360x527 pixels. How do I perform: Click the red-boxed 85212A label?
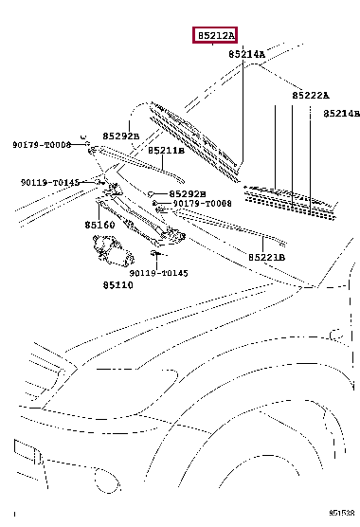(215, 35)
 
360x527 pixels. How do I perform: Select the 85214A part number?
(247, 54)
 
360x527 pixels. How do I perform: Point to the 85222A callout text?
(311, 96)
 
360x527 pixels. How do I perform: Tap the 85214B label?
(342, 114)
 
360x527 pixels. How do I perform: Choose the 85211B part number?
(166, 151)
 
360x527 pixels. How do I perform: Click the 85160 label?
(99, 225)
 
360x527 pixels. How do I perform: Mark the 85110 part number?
(117, 285)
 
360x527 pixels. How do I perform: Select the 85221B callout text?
(266, 258)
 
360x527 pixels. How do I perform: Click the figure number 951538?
(342, 513)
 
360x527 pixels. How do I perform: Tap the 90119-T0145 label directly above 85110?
(159, 273)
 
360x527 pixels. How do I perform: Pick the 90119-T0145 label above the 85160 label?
(50, 183)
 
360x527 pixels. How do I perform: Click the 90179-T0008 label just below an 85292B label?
(202, 204)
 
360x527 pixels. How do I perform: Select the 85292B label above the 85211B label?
(121, 136)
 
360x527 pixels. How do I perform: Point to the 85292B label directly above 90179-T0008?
(188, 194)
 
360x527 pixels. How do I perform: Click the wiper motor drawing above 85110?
(113, 251)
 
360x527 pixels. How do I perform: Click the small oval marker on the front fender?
(336, 336)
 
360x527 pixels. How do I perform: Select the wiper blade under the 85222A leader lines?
(291, 202)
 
